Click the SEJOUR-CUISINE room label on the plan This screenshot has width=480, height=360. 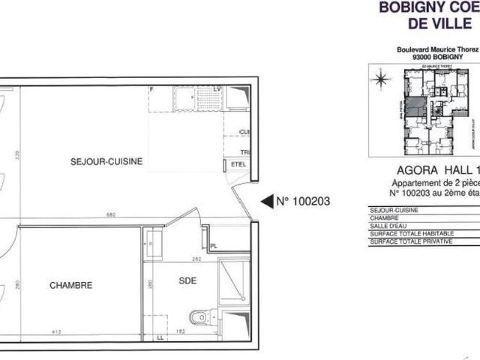[x=106, y=161]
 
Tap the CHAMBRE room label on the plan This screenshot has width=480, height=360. [x=71, y=285]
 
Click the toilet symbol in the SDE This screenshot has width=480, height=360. [x=199, y=319]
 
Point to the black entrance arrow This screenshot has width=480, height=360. [x=267, y=201]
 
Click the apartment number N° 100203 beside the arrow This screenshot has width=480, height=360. [x=303, y=201]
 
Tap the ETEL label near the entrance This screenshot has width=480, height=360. [x=238, y=165]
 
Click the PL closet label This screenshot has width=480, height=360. [x=214, y=245]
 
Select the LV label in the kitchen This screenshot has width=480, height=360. [x=217, y=90]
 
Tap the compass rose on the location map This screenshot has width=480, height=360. [x=382, y=78]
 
